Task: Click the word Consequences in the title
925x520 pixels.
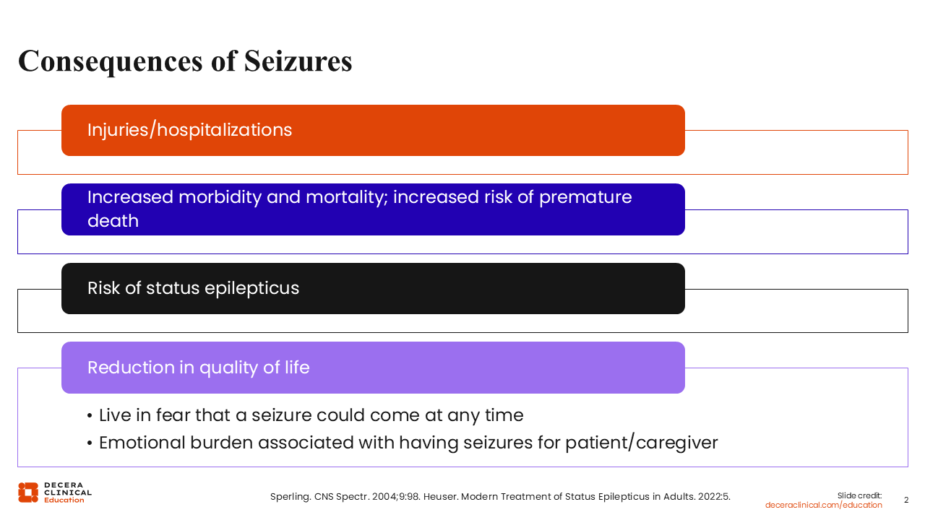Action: [111, 62]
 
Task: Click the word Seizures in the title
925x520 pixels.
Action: [298, 61]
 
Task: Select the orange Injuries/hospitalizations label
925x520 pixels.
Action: [189, 130]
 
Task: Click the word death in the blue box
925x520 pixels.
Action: [113, 221]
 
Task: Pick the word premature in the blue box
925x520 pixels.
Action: [585, 198]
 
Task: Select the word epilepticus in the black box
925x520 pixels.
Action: [252, 288]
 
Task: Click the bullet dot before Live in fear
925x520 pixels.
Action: [90, 417]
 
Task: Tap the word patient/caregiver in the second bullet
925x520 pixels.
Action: [641, 443]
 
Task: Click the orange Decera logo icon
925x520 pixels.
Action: [28, 493]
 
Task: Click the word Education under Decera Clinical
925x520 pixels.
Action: [64, 500]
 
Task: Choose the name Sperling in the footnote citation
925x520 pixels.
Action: [291, 497]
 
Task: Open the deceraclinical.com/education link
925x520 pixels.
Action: [823, 505]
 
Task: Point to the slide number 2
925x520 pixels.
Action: [906, 500]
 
